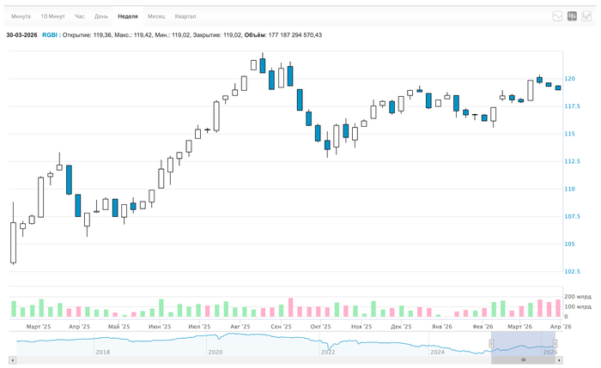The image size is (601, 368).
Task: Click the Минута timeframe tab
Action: pos(21,16)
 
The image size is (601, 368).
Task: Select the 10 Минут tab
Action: pos(52,16)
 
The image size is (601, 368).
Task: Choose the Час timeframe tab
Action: pos(80,16)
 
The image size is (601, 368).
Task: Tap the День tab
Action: pos(101,16)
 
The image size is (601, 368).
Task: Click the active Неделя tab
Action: pos(128,16)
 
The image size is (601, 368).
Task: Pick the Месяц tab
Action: pos(156,16)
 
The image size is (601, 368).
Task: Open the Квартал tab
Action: pos(185,16)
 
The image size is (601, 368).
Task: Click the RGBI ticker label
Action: pos(49,35)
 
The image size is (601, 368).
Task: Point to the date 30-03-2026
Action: pos(21,35)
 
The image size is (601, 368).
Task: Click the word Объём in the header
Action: pos(255,35)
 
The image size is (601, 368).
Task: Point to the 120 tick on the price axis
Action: pos(570,79)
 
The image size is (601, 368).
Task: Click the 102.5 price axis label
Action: pos(572,271)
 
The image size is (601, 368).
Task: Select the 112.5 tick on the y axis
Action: pos(572,161)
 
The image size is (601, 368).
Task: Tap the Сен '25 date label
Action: pos(281,327)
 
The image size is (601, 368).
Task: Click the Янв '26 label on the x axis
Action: pos(442,327)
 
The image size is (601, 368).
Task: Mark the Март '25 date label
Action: pos(39,327)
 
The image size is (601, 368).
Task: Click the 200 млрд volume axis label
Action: pos(578,297)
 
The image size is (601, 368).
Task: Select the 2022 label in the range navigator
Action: pos(328,352)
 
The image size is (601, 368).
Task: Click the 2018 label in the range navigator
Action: pos(102,352)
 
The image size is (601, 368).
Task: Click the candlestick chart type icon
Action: pos(572,16)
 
